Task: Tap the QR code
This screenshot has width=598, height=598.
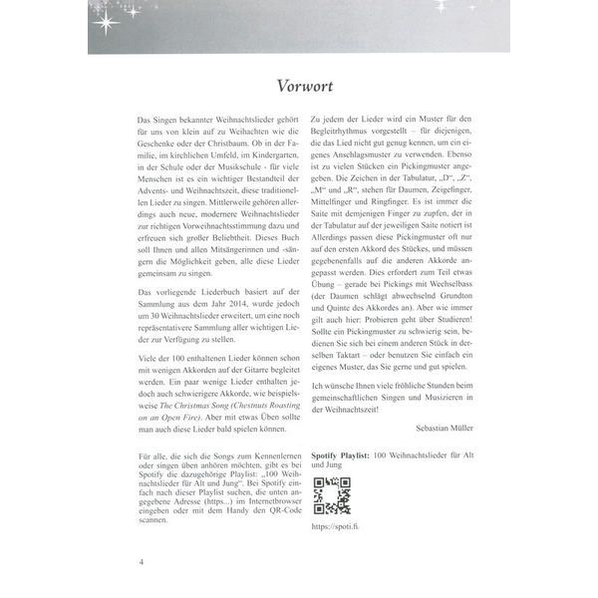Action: [x=332, y=495]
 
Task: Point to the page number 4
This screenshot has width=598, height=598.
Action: [x=142, y=563]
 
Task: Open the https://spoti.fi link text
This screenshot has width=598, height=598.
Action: [x=334, y=525]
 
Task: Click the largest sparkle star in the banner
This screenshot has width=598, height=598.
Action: [x=106, y=18]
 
